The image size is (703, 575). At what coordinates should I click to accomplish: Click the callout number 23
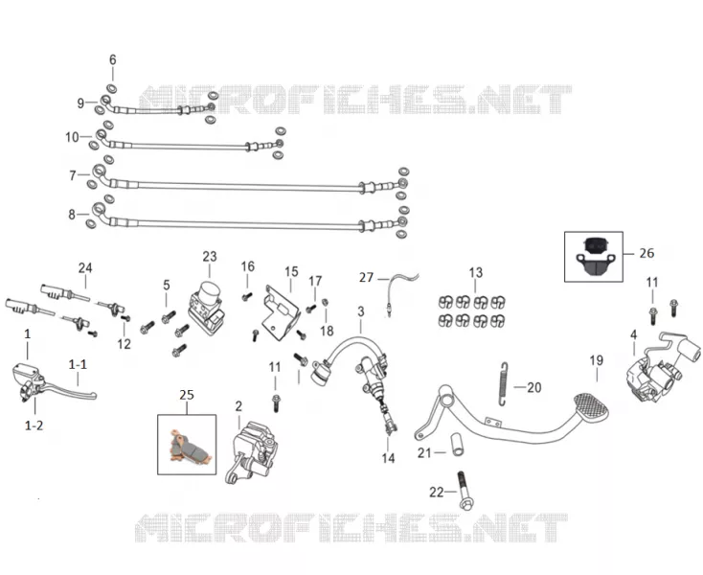210,257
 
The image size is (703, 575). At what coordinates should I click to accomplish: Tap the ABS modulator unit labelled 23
206,308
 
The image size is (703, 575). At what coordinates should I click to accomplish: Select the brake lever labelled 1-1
71,389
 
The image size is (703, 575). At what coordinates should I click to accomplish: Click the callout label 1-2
34,425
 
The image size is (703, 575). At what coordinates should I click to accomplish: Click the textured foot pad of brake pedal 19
591,406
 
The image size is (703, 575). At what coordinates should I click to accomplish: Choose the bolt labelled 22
464,491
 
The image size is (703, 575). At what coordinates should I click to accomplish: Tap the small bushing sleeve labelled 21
457,444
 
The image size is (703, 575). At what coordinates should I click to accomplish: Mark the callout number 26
646,253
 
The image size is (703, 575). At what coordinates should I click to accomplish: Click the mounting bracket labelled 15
282,312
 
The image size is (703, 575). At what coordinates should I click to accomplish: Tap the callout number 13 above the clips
476,272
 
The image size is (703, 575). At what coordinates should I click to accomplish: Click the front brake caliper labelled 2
251,452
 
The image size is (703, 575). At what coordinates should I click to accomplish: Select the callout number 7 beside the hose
73,175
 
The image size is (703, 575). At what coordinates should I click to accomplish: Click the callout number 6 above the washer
112,59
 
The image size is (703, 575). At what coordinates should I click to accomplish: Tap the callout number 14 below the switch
388,458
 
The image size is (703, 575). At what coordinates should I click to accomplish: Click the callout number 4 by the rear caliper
633,334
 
